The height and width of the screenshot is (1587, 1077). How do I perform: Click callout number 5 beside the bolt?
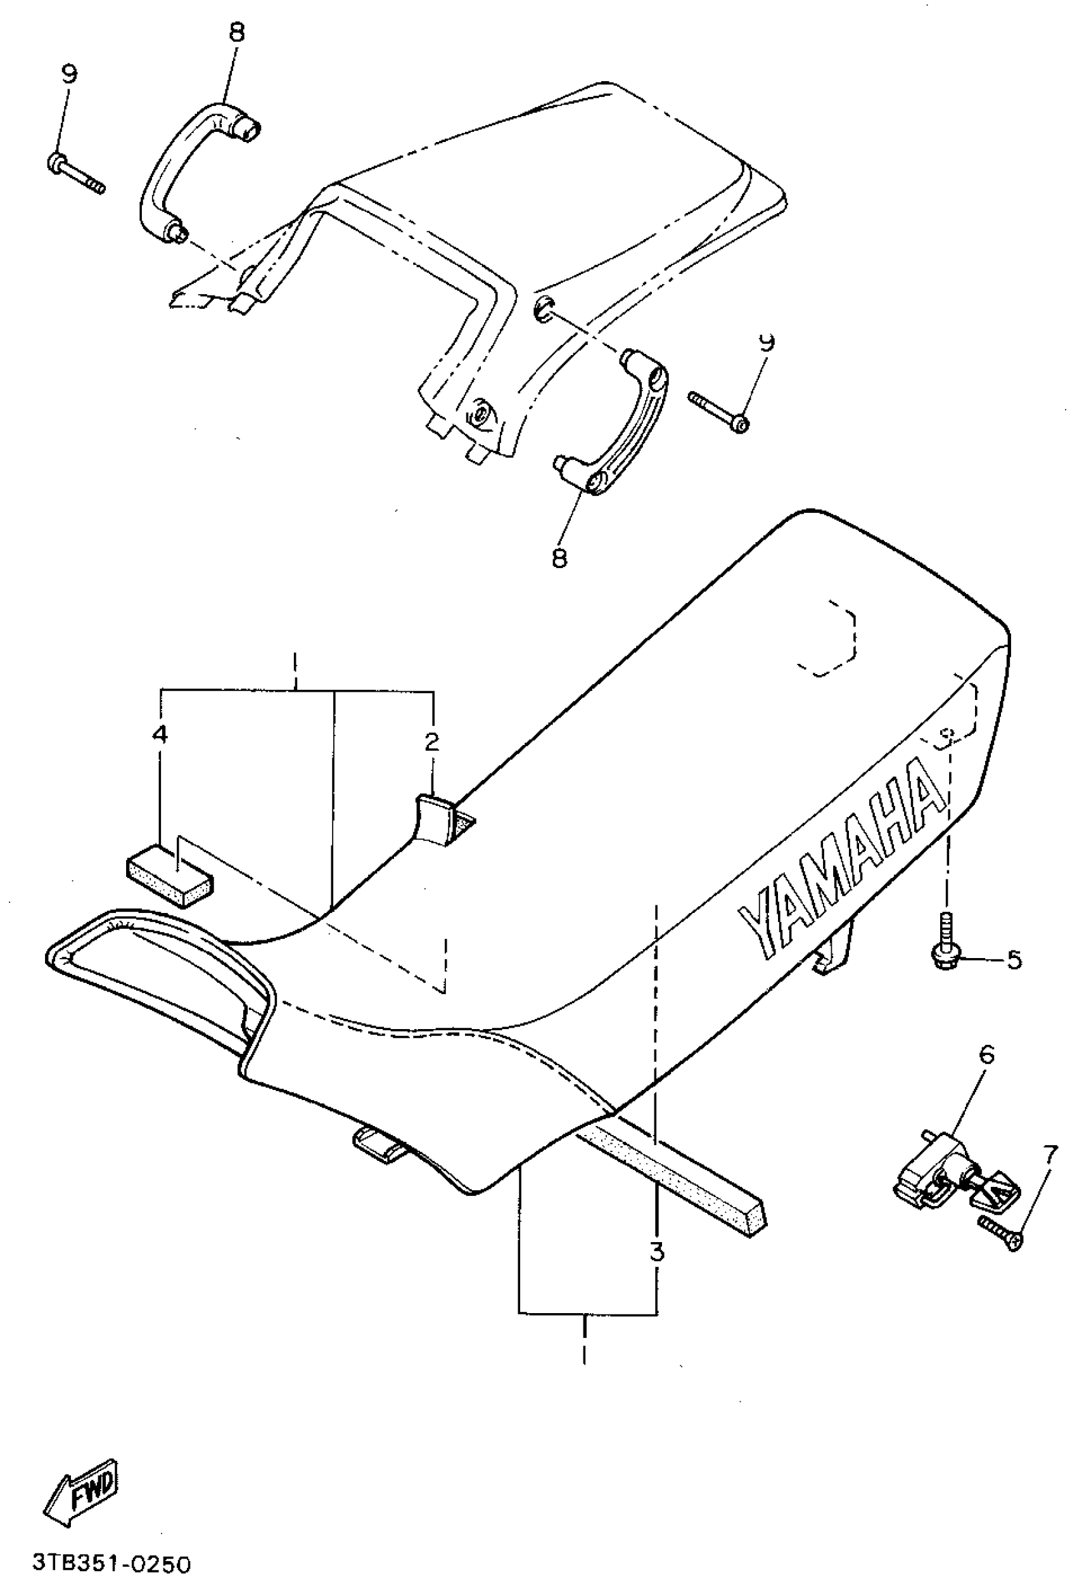[1014, 959]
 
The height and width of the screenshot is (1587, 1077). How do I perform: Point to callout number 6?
[987, 1055]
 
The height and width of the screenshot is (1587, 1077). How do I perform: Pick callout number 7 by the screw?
[1050, 1155]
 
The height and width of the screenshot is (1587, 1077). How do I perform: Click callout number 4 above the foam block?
[159, 734]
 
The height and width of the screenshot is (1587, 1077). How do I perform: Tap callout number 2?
[431, 742]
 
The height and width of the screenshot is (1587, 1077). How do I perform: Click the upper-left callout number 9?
[70, 74]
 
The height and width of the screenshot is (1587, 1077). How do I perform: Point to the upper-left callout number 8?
[236, 32]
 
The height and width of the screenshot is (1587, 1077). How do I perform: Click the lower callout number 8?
[559, 558]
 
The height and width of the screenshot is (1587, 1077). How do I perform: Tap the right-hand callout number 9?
[767, 342]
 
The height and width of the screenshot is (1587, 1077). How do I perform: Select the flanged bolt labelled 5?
[946, 939]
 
